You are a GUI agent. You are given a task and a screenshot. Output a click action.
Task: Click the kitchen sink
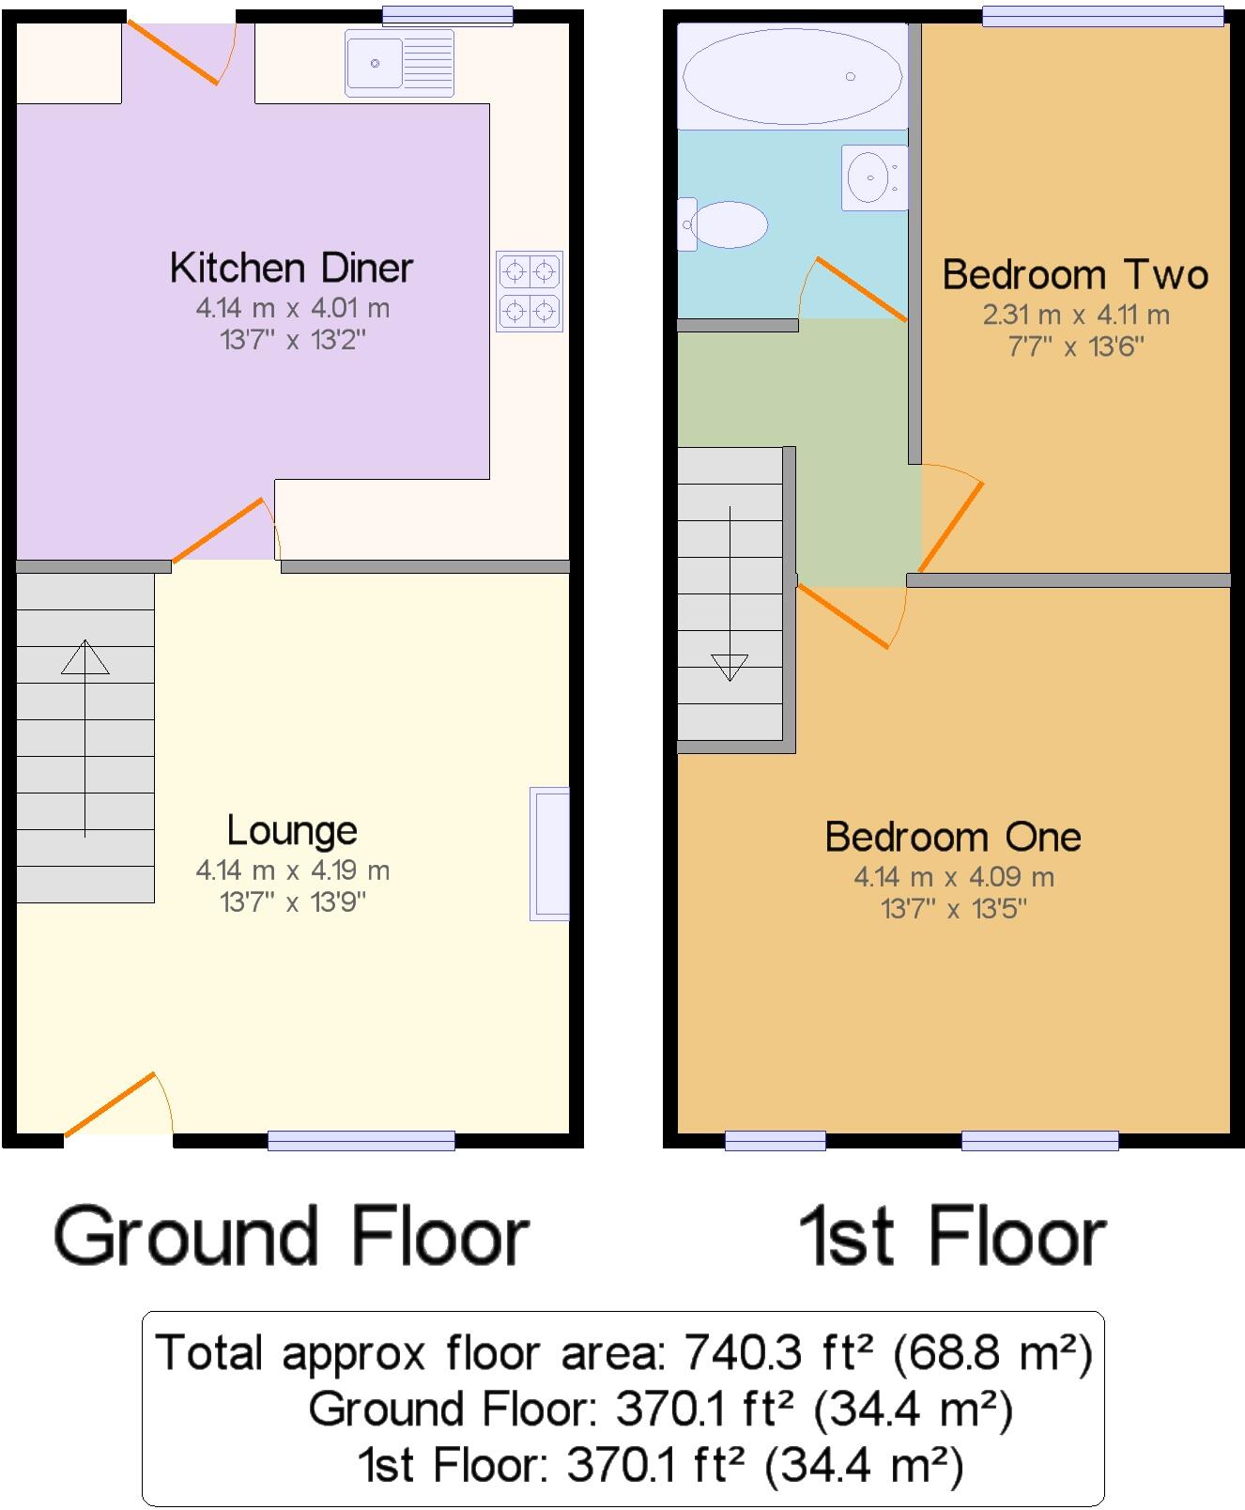[x=399, y=63]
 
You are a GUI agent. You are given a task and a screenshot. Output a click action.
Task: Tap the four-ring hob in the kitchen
[x=530, y=291]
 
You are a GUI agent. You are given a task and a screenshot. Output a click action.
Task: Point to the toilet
[x=724, y=224]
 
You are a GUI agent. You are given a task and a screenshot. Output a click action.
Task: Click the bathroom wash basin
[x=873, y=176]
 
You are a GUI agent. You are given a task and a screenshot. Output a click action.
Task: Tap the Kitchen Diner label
[x=291, y=269]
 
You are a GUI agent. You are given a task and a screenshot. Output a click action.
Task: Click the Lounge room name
[x=292, y=831]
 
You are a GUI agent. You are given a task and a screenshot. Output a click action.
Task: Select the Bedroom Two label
[x=1075, y=275]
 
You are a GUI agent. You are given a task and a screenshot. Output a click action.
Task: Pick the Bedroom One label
[x=953, y=837]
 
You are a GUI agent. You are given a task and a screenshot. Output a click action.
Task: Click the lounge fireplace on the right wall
[x=550, y=853]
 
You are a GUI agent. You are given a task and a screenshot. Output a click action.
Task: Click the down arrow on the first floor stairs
[x=730, y=665]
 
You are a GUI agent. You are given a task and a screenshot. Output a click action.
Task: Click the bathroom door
[x=858, y=288]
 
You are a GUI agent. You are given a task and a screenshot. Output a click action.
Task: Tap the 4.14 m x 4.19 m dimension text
[x=292, y=871]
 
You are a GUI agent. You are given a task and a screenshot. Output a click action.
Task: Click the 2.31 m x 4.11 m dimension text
[x=1076, y=316]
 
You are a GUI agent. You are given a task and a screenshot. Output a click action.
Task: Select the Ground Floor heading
[x=291, y=1238]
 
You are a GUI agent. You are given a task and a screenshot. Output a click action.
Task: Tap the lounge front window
[x=361, y=1141]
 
